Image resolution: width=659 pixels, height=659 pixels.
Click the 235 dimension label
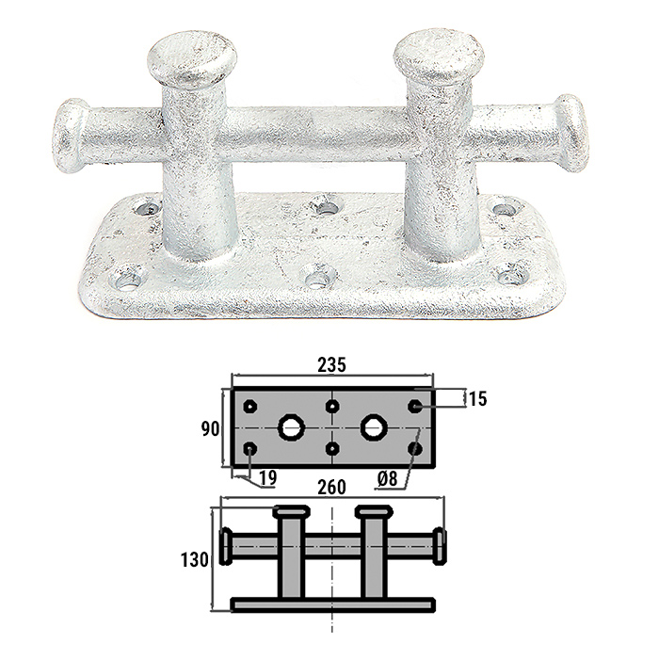coord(331,365)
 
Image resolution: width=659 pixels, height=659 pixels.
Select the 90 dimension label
coord(210,429)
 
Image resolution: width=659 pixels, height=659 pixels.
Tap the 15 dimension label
coord(478,398)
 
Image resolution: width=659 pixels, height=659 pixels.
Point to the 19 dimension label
coord(267,478)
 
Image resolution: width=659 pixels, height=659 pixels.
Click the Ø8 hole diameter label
coord(387,478)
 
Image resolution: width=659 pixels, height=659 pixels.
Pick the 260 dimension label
coord(331,488)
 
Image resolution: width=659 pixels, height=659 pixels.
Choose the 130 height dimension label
coord(195,560)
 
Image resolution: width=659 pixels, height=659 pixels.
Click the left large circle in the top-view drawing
coord(291,427)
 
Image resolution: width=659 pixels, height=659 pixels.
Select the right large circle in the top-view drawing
coord(373,427)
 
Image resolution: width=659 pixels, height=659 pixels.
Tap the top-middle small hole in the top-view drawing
coord(332,407)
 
